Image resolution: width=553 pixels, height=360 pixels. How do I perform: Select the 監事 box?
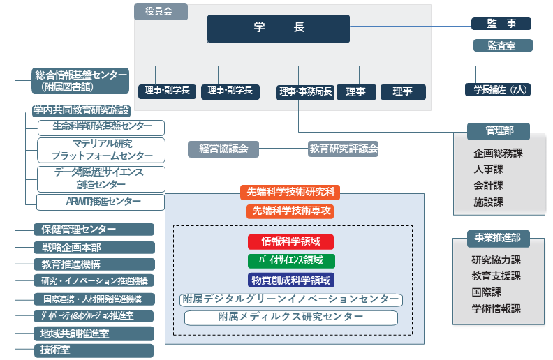(x=501, y=24)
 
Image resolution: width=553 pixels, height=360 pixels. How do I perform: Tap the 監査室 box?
(x=501, y=45)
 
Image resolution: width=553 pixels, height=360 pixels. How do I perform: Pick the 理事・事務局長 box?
(x=305, y=91)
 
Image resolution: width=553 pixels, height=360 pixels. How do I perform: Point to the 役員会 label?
(x=161, y=12)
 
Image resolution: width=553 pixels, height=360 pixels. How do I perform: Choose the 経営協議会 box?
(x=223, y=149)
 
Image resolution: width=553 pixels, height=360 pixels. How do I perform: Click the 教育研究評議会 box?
(x=344, y=149)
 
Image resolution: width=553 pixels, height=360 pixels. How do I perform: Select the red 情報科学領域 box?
(x=291, y=241)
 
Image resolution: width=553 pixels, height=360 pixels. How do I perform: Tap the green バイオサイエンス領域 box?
(x=291, y=261)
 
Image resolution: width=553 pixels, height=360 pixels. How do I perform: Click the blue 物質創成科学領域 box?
(x=291, y=280)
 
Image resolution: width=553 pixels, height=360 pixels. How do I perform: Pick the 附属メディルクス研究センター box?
(x=291, y=317)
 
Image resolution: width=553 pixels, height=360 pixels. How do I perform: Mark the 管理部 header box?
(x=499, y=130)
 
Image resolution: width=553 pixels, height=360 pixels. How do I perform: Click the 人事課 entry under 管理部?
(x=488, y=169)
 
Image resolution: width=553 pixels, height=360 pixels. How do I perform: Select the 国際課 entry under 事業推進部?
(x=487, y=292)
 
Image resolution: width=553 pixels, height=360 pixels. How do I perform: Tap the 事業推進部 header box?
(x=499, y=238)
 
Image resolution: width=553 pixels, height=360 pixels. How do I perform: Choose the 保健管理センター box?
(x=94, y=229)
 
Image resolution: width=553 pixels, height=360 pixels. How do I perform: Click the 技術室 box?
(x=94, y=350)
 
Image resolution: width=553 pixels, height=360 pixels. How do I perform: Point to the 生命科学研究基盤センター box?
(x=102, y=127)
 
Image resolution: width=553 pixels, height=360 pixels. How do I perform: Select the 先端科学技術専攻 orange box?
(x=291, y=211)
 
